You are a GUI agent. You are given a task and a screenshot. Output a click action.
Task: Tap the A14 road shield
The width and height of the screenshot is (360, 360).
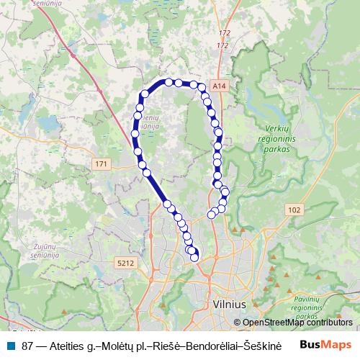(x=220, y=84)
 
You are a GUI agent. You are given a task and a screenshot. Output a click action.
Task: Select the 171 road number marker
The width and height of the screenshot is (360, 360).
(x=102, y=165)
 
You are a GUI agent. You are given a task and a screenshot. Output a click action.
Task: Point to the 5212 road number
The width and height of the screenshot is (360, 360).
(x=125, y=264)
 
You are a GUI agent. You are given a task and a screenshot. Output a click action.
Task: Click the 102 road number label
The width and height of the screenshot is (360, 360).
(x=294, y=210)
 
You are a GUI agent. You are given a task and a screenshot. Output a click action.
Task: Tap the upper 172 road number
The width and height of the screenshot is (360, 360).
(x=225, y=33)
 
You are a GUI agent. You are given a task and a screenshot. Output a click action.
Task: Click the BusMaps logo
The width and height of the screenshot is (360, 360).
(x=325, y=345)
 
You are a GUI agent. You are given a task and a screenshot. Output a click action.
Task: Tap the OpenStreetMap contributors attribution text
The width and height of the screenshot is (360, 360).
(x=297, y=323)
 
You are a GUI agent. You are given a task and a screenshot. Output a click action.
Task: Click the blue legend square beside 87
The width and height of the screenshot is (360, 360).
(x=10, y=346)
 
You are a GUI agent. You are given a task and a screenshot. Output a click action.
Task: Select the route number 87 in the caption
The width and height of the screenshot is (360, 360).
(x=28, y=346)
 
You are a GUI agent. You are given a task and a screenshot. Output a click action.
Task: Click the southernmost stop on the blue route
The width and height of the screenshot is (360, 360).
(x=194, y=257)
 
